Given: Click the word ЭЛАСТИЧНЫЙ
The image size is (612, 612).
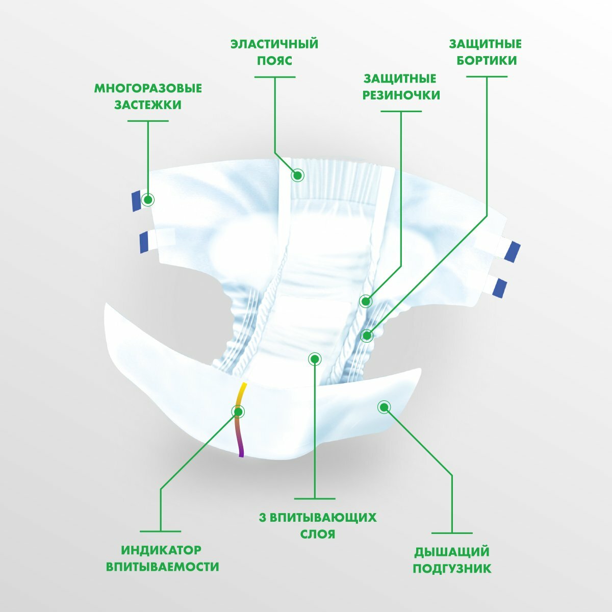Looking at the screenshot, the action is (x=274, y=44).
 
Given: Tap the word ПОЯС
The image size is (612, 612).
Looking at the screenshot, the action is (x=274, y=61).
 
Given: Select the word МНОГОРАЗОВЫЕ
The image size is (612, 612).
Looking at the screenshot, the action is (x=148, y=88).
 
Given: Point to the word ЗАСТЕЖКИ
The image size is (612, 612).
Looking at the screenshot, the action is (x=148, y=105).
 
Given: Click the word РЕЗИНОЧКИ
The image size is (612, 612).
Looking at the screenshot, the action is (x=401, y=95).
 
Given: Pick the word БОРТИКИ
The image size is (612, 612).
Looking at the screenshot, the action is (x=487, y=61).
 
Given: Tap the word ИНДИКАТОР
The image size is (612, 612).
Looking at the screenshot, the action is (x=161, y=550).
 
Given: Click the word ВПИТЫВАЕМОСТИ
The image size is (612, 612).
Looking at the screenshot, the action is (x=162, y=567).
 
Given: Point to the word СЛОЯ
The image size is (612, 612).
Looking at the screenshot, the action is (x=315, y=534).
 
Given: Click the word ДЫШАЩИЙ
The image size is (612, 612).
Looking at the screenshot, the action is (x=452, y=551).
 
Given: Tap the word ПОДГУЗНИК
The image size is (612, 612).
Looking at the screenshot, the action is (x=452, y=568).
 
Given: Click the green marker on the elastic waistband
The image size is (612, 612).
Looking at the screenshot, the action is (x=297, y=176).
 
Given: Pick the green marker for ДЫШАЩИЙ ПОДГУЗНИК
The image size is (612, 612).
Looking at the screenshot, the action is (x=384, y=406).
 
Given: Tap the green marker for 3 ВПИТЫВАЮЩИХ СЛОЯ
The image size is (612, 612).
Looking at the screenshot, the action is (x=315, y=359).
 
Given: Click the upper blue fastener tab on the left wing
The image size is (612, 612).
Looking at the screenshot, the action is (x=135, y=201).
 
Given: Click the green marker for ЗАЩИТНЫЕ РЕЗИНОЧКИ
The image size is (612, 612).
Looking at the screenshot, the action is (x=366, y=301).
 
